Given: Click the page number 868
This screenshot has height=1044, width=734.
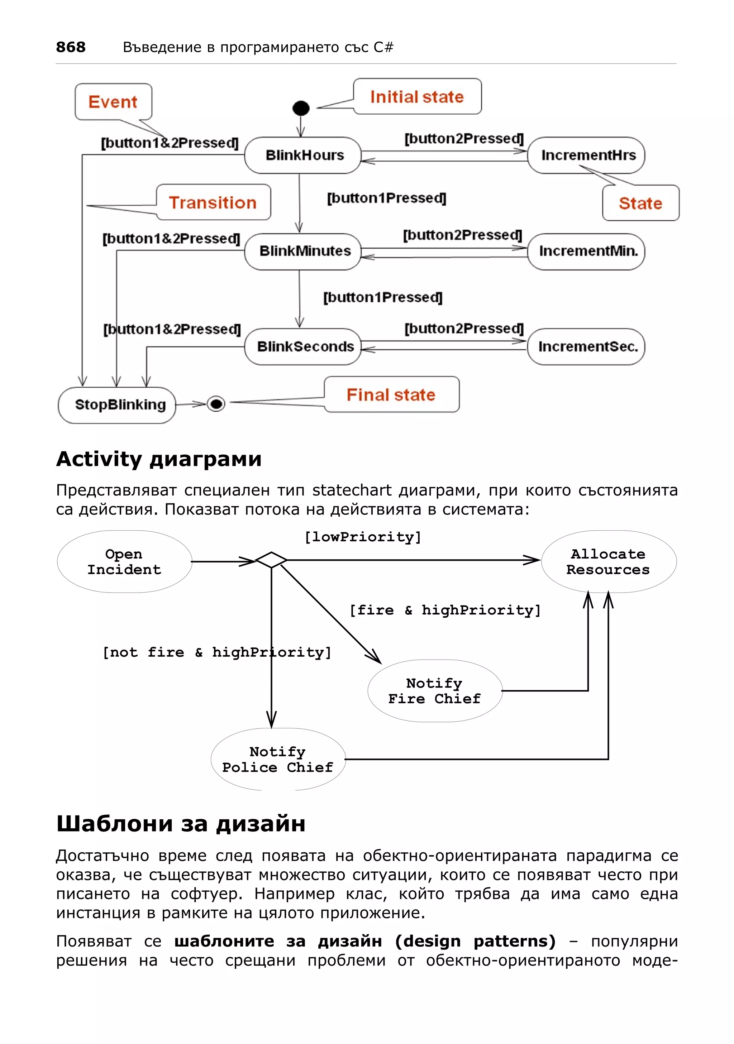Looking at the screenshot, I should click(x=71, y=47).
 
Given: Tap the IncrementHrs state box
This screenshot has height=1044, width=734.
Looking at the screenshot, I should click(x=586, y=155).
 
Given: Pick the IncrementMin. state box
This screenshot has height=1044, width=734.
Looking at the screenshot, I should click(x=586, y=251).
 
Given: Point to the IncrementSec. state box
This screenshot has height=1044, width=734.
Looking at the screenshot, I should click(x=586, y=346).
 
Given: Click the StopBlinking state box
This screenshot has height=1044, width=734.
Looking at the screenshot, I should click(x=117, y=405).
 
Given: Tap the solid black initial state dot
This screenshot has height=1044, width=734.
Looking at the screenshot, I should click(x=301, y=108).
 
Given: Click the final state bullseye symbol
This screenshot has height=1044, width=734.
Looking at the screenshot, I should click(x=216, y=403).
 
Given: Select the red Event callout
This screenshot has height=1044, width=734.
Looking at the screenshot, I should click(x=113, y=102).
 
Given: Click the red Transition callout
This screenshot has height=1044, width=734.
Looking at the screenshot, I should click(x=213, y=202).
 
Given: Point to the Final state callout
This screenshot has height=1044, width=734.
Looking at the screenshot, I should click(x=391, y=395).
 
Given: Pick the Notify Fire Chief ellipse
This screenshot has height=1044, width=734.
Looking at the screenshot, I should click(x=435, y=691).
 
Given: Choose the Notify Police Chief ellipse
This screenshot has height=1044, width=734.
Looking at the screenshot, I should click(x=278, y=760).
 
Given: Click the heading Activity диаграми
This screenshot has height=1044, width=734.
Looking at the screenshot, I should click(x=159, y=459).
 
